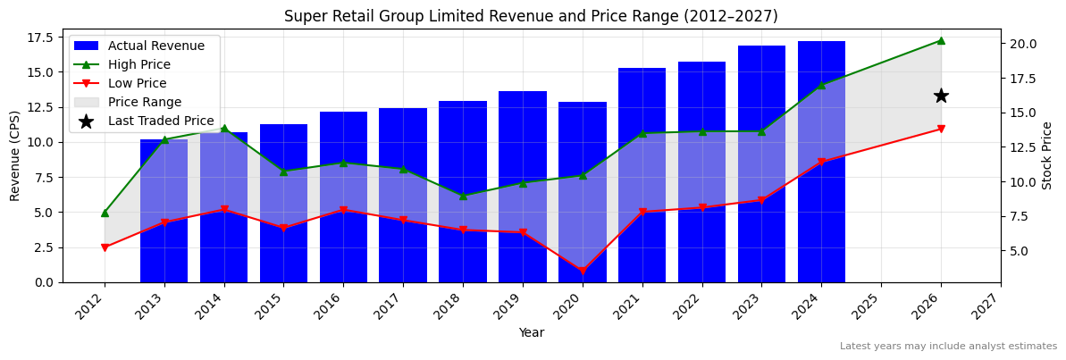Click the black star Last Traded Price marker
pyautogui.click(x=941, y=96)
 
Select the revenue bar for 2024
pyautogui.click(x=821, y=162)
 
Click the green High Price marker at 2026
pyautogui.click(x=941, y=40)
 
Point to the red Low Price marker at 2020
pyautogui.click(x=583, y=271)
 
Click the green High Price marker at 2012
pyautogui.click(x=105, y=213)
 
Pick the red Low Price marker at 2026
pyautogui.click(x=941, y=129)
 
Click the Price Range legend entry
pyautogui.click(x=144, y=102)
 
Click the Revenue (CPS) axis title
pyautogui.click(x=15, y=155)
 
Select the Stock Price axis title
pyautogui.click(x=1047, y=155)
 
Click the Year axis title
pyautogui.click(x=531, y=332)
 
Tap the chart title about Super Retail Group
pyautogui.click(x=531, y=16)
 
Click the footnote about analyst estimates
pyautogui.click(x=948, y=347)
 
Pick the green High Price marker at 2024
pyautogui.click(x=821, y=85)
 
